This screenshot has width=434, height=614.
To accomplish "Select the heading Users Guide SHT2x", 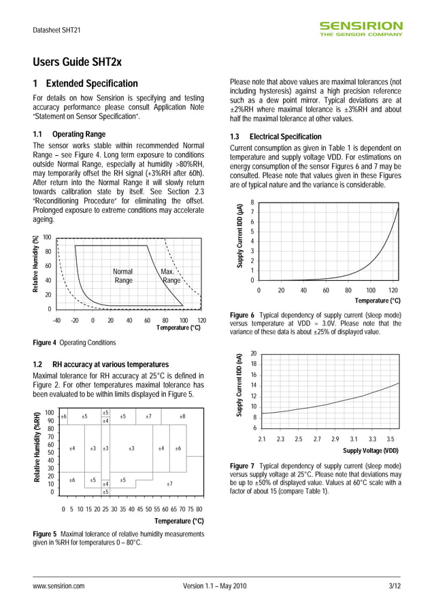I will pos(78,63).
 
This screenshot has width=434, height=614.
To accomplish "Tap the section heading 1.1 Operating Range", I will pos(69,134).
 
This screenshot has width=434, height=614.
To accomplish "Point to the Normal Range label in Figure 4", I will pos(123,275).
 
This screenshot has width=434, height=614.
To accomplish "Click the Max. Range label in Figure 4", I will pos(169,275).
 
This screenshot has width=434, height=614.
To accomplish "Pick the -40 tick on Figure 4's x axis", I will pos(56,320).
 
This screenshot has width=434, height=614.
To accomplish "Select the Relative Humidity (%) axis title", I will pos(37,265).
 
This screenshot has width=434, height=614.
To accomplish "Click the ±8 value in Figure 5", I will pos(182,416).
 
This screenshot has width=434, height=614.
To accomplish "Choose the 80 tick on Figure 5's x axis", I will pos(199,508).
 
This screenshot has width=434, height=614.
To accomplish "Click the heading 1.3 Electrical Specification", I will pos(276,137).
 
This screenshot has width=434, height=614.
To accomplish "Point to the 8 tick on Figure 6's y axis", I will pos(252,203).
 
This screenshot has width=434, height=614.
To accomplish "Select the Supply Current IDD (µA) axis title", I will pos(240,235).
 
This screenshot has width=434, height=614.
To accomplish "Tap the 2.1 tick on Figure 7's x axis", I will pos(262,439).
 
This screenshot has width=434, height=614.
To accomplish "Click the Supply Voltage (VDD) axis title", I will pos(371,450).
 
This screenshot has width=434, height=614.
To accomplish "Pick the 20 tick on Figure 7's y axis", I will pos(254,354).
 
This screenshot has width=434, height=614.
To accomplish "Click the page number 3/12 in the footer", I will pos(394,585).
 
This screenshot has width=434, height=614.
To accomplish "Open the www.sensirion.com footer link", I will pos(59,585).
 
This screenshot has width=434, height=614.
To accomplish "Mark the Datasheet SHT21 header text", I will pos(57,31).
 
